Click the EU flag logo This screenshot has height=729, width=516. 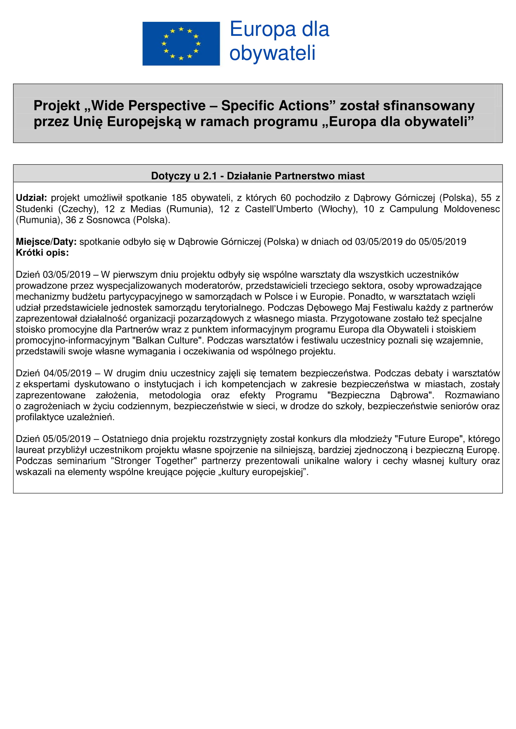pyautogui.click(x=181, y=44)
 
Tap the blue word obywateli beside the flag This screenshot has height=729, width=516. pyautogui.click(x=272, y=53)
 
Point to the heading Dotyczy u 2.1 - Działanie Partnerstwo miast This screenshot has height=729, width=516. pyautogui.click(x=258, y=175)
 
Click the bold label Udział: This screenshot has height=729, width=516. pyautogui.click(x=31, y=198)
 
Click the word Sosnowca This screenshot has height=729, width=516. pyautogui.click(x=108, y=220)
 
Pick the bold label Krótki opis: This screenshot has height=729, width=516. pyautogui.click(x=42, y=253)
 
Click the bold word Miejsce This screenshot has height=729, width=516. pyautogui.click(x=33, y=242)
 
